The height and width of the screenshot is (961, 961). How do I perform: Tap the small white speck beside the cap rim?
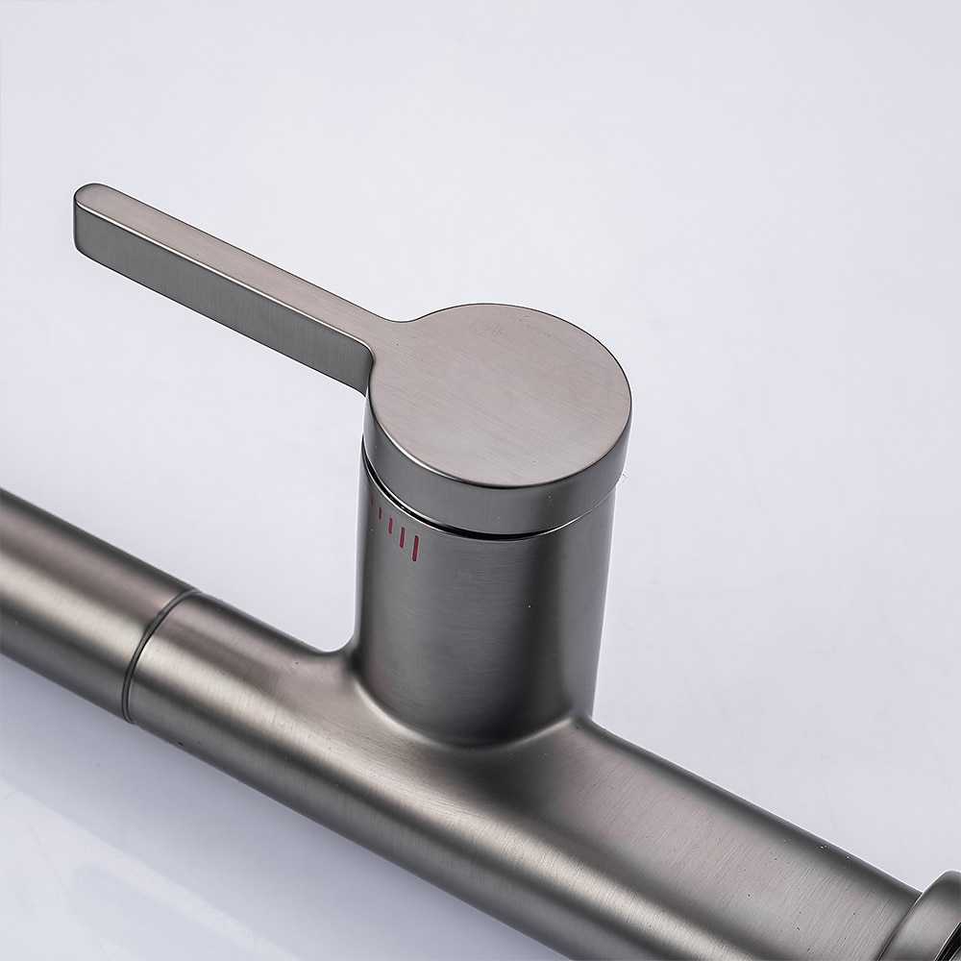[x=622, y=476]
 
